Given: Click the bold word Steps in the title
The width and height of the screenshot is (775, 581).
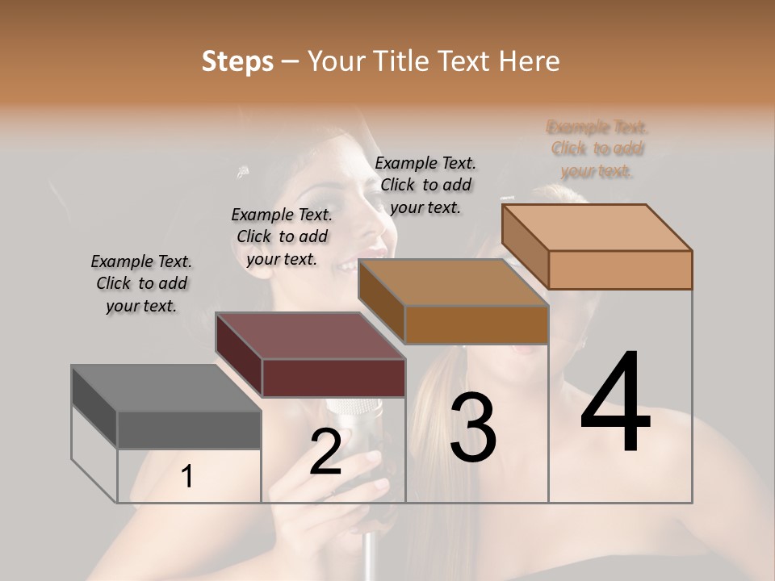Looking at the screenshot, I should (237, 61).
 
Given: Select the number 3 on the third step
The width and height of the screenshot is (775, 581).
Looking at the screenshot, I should (473, 428).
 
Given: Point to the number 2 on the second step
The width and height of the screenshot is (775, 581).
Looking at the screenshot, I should (325, 452).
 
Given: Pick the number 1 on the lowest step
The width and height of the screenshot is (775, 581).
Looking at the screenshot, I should (186, 477).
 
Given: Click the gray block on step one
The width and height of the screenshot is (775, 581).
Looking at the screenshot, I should (189, 429).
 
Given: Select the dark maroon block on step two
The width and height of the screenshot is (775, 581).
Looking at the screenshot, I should (333, 378).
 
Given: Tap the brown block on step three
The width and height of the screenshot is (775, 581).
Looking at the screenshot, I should (476, 325).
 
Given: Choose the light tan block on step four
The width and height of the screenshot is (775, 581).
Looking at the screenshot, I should (620, 270).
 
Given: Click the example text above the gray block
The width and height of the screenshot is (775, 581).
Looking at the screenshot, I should (141, 283).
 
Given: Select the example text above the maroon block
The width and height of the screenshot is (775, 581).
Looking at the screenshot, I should (282, 236).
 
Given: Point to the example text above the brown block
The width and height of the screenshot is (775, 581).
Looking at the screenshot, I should (425, 185).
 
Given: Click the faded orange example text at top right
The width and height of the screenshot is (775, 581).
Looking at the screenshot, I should (597, 149).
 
